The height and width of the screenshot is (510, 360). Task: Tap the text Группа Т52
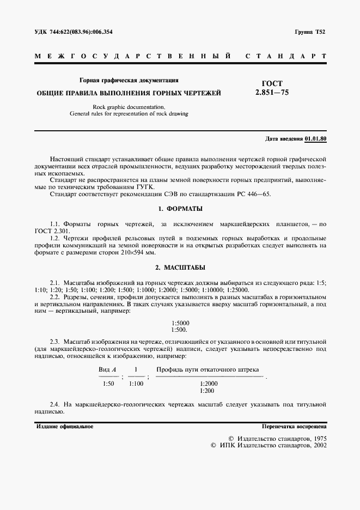tap(310, 33)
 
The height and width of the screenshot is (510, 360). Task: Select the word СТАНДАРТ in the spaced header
tap(286, 56)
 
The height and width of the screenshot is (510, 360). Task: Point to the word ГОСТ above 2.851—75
tap(272, 83)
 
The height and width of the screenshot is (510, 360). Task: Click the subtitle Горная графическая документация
tap(129, 80)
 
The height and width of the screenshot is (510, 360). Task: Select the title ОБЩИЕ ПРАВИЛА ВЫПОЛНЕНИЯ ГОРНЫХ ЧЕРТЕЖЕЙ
tap(129, 93)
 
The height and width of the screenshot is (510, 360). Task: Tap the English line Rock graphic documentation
tap(129, 107)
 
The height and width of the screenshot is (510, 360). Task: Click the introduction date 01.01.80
tap(315, 138)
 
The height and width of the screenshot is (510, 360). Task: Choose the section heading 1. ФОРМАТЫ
tap(180, 209)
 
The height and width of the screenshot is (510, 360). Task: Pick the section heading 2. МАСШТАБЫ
tap(180, 268)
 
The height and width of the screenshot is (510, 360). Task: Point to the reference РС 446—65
tap(252, 193)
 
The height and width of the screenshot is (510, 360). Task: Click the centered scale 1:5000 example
tap(180, 323)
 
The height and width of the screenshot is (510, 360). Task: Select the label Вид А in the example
tap(108, 369)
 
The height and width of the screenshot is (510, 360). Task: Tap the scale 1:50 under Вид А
tap(108, 384)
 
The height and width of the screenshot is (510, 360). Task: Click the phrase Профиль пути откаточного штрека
tap(208, 369)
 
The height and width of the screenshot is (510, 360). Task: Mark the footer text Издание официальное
tap(65, 426)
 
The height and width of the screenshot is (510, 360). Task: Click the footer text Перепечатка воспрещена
tap(294, 426)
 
